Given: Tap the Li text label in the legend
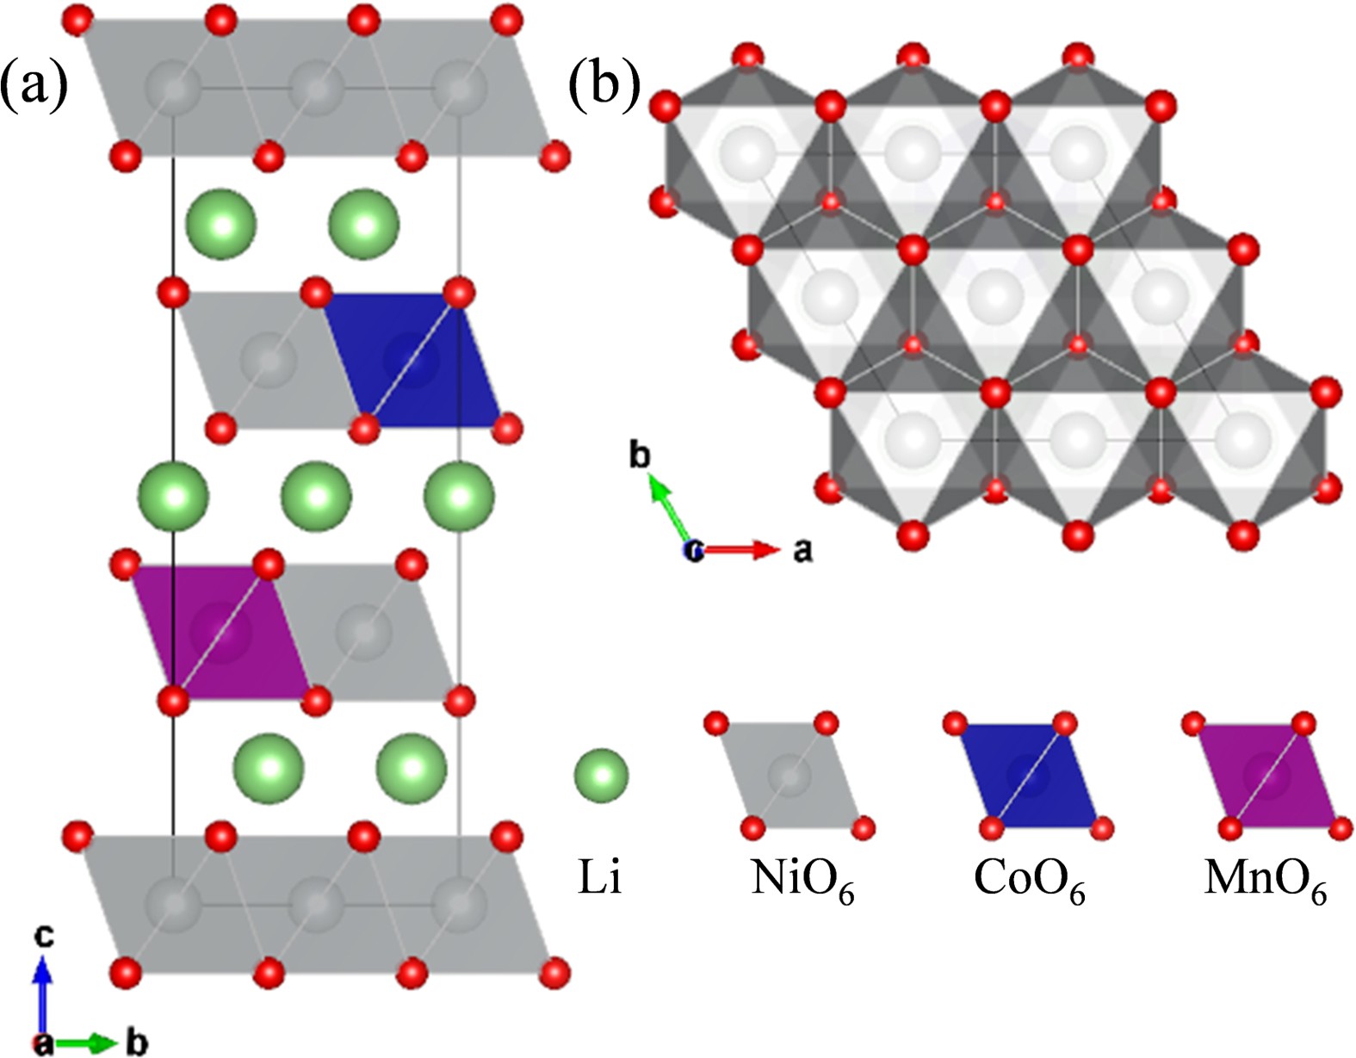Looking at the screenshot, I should (599, 879).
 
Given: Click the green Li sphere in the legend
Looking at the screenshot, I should (601, 775).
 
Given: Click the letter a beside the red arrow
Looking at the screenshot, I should (802, 550).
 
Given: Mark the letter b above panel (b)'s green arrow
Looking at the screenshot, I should (639, 455).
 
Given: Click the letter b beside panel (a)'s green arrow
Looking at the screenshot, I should (137, 1043).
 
